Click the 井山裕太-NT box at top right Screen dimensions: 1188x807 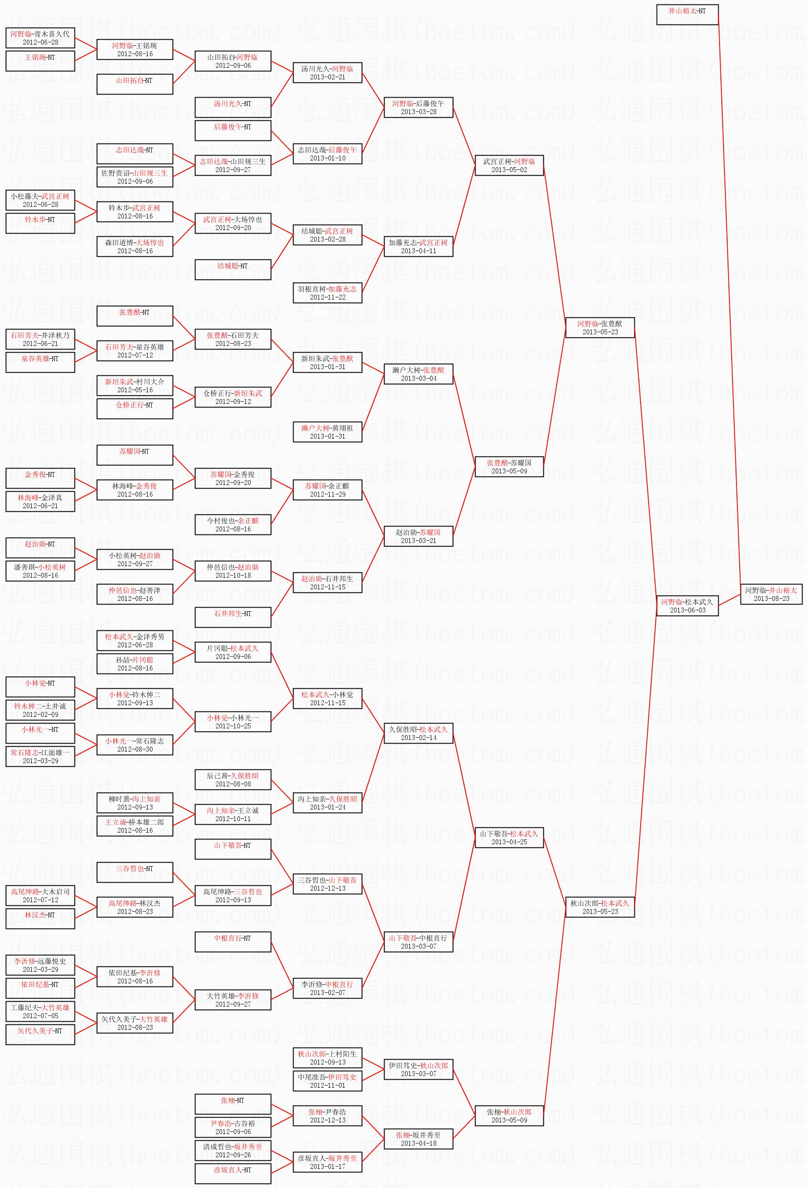click(x=687, y=14)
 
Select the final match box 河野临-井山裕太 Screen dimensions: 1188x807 click(x=771, y=594)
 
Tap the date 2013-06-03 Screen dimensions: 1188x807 click(x=687, y=610)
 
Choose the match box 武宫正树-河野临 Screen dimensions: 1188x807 click(x=509, y=165)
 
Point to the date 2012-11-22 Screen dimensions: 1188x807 click(x=327, y=297)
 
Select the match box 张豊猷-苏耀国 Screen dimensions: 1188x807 click(x=509, y=466)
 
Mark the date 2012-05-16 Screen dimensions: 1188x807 click(x=135, y=390)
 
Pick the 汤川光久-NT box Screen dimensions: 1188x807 click(x=233, y=107)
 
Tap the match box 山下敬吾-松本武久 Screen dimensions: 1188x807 click(x=509, y=837)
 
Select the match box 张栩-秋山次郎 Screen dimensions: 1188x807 click(x=509, y=1115)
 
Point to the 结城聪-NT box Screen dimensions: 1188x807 click(x=233, y=269)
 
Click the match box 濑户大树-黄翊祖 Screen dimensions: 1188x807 click(x=327, y=432)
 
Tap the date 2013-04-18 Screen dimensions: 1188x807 click(x=418, y=1143)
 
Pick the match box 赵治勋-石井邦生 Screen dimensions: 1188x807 click(x=327, y=582)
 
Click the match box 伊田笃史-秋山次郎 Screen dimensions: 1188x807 click(x=418, y=1069)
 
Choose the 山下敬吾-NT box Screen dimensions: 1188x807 click(x=233, y=849)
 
